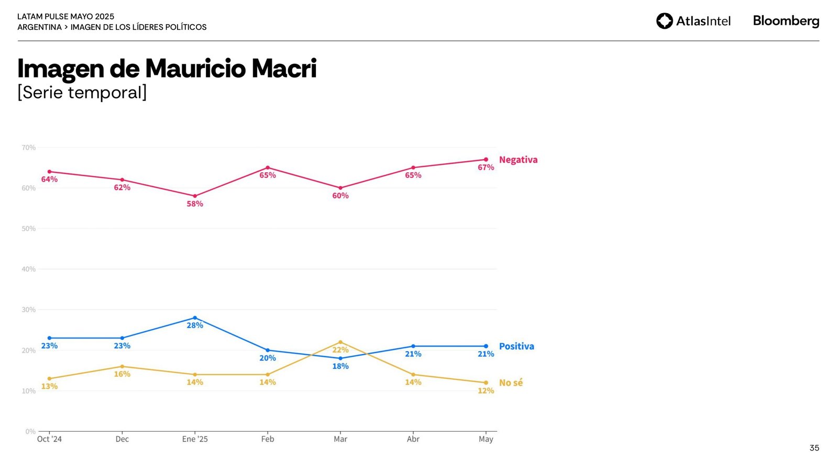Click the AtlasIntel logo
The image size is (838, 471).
coord(693,21)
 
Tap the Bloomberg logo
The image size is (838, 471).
coord(786,21)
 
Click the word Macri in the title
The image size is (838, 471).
coord(284,69)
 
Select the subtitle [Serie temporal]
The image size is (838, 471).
coord(82,93)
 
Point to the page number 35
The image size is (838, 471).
coord(814,448)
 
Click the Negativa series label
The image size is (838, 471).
coord(518,160)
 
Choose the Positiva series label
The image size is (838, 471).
coord(516,346)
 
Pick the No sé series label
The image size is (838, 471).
coord(511,383)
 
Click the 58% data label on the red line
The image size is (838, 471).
coord(195,204)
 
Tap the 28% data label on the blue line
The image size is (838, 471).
coord(195,326)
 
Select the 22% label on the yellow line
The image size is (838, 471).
coord(340,350)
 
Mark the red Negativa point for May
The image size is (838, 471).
coord(486,160)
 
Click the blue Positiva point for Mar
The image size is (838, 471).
coord(340,358)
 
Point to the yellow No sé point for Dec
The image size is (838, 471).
coord(122,366)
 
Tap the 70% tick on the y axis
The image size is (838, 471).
coord(29,148)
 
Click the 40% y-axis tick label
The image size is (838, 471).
coord(29,269)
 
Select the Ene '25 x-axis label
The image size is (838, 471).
coord(195,439)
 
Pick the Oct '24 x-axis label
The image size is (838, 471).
coord(49,439)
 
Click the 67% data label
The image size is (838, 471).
coord(486,167)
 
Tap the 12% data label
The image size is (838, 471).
coord(486,391)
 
